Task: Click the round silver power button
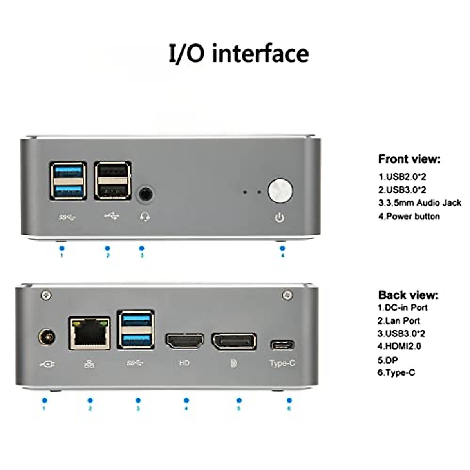pyautogui.click(x=280, y=191)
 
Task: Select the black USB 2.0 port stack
pyautogui.click(x=112, y=181)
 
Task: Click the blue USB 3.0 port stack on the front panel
pyautogui.click(x=68, y=181)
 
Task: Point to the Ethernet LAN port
pyautogui.click(x=90, y=333)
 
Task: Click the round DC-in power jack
pyautogui.click(x=47, y=337)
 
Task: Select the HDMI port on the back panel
pyautogui.click(x=185, y=341)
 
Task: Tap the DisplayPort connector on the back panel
pyautogui.click(x=234, y=341)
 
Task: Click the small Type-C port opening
pyautogui.click(x=282, y=345)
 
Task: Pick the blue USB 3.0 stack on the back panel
pyautogui.click(x=136, y=329)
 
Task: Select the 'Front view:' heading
pyautogui.click(x=409, y=159)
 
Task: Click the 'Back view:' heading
pyautogui.click(x=408, y=295)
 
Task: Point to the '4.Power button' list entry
pyautogui.click(x=409, y=216)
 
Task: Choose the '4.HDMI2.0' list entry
pyautogui.click(x=399, y=346)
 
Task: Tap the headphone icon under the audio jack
pyautogui.click(x=145, y=217)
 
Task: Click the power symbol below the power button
pyautogui.click(x=279, y=217)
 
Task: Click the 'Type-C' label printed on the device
pyautogui.click(x=282, y=363)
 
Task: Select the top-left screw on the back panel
pyautogui.click(x=46, y=295)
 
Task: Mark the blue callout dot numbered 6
pyautogui.click(x=289, y=400)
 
